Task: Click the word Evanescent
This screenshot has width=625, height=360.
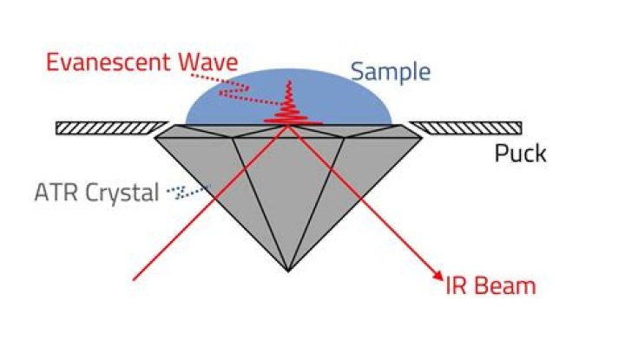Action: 109,62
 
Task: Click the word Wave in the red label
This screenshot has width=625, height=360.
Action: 207,62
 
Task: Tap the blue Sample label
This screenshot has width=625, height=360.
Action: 391,72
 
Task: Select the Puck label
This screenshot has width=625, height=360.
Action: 520,154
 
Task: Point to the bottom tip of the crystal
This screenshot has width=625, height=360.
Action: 288,272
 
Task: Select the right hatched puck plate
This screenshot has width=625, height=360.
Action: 465,128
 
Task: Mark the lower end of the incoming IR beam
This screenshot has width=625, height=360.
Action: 134,280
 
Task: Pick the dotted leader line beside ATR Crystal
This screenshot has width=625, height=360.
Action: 188,192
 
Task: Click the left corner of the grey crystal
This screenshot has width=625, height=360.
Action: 155,138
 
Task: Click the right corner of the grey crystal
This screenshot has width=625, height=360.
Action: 422,138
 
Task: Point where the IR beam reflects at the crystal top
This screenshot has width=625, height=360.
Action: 288,126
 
